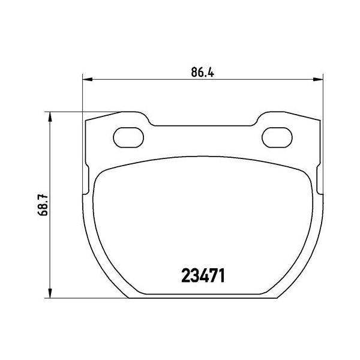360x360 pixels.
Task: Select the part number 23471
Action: click(203, 276)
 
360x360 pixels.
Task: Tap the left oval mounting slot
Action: click(128, 136)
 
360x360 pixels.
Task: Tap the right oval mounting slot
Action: click(277, 136)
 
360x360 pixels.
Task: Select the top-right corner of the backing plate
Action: click(318, 121)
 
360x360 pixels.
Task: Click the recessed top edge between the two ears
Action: click(202, 126)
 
